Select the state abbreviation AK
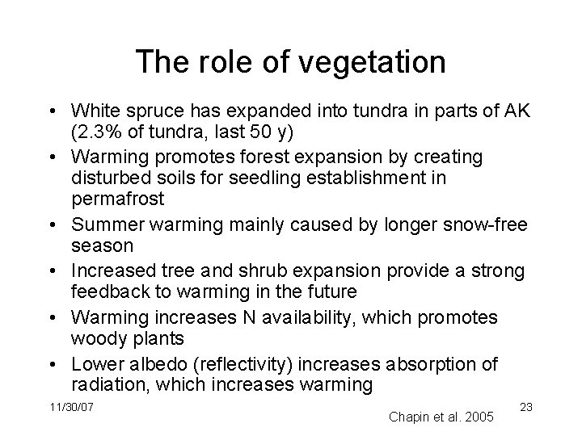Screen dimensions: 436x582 (515, 111)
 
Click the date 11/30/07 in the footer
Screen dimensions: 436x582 (70, 407)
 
